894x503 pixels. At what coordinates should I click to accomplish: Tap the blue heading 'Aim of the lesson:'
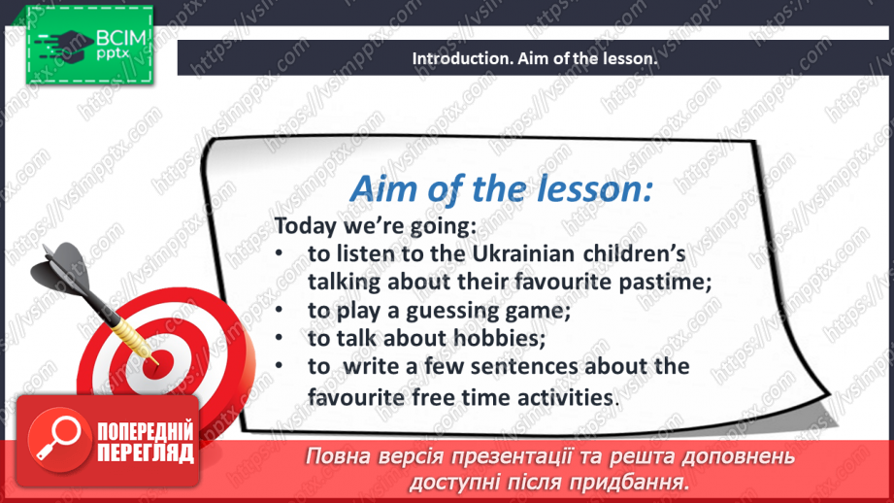[501, 188]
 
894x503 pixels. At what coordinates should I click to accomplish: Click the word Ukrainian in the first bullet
[523, 253]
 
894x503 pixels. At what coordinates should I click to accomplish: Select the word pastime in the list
[665, 283]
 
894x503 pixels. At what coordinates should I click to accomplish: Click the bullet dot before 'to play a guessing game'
[279, 310]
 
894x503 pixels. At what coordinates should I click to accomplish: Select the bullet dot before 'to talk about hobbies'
[279, 338]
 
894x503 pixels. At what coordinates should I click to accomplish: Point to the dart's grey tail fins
[61, 267]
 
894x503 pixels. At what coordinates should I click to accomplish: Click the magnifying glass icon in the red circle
[58, 438]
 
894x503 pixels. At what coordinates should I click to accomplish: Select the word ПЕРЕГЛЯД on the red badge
[146, 453]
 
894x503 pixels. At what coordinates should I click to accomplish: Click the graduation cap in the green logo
[66, 46]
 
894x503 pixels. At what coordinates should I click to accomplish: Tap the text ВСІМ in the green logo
[121, 39]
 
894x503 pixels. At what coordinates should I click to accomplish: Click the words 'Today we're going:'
[375, 226]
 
